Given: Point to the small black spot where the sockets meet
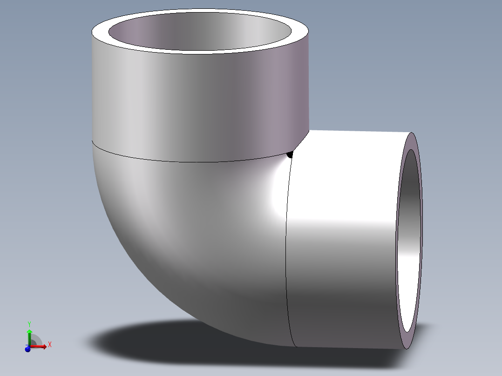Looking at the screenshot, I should point(290,154).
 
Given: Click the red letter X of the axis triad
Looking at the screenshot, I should point(50,344).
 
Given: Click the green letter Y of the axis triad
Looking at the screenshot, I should point(29,323).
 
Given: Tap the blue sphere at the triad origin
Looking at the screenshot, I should point(27,349).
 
